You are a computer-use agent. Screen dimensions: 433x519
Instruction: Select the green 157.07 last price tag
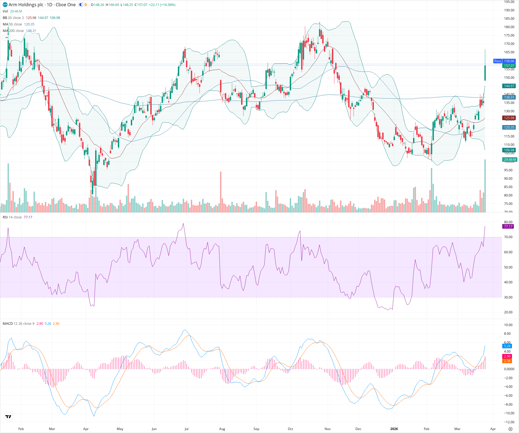pos(509,66)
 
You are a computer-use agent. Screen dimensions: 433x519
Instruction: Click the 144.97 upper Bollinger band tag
pos(509,86)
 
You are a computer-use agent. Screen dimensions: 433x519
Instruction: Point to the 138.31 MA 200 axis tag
pos(509,97)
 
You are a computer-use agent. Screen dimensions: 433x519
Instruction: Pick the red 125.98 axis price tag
pos(509,118)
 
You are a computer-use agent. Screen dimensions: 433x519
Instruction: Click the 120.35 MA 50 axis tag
pos(509,127)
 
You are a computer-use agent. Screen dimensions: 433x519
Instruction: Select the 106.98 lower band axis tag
pos(509,150)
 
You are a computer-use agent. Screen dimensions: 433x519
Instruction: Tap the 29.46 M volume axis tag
pos(510,160)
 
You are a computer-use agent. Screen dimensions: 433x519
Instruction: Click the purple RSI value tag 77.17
pos(508,227)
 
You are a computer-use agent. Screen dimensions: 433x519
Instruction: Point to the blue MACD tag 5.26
pos(507,346)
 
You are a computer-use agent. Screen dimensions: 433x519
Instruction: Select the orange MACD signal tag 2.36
pos(507,361)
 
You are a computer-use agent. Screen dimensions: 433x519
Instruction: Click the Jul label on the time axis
pos(186,429)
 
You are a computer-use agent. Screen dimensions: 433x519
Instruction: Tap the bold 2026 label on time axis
pos(394,429)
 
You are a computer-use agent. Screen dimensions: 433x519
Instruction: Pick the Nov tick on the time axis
pos(327,429)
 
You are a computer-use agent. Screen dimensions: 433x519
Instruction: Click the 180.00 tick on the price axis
pos(509,27)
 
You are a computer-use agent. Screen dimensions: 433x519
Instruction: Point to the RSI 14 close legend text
pos(12,217)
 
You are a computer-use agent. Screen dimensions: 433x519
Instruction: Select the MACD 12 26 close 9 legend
pos(18,324)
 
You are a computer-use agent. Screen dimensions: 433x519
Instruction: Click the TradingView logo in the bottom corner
pos(8,417)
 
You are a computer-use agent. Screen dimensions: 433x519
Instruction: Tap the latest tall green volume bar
pos(485,187)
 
